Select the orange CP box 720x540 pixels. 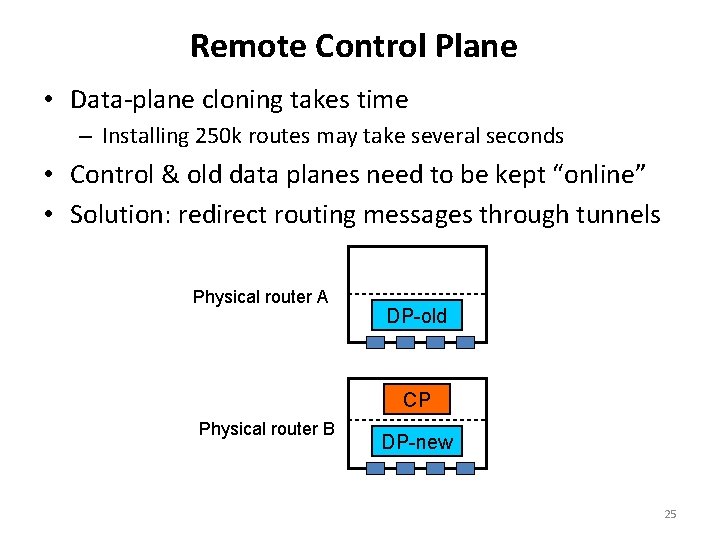(x=417, y=400)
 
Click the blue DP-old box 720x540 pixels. (x=417, y=316)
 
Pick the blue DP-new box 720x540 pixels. (x=417, y=442)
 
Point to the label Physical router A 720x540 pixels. (x=260, y=297)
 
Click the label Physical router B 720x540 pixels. (x=267, y=429)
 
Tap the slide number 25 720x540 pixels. (x=670, y=514)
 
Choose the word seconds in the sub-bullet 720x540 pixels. (x=527, y=135)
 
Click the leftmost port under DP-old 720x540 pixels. (x=376, y=342)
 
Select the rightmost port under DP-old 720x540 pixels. (x=465, y=342)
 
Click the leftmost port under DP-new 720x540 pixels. (x=376, y=468)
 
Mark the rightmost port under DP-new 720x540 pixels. (x=465, y=468)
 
